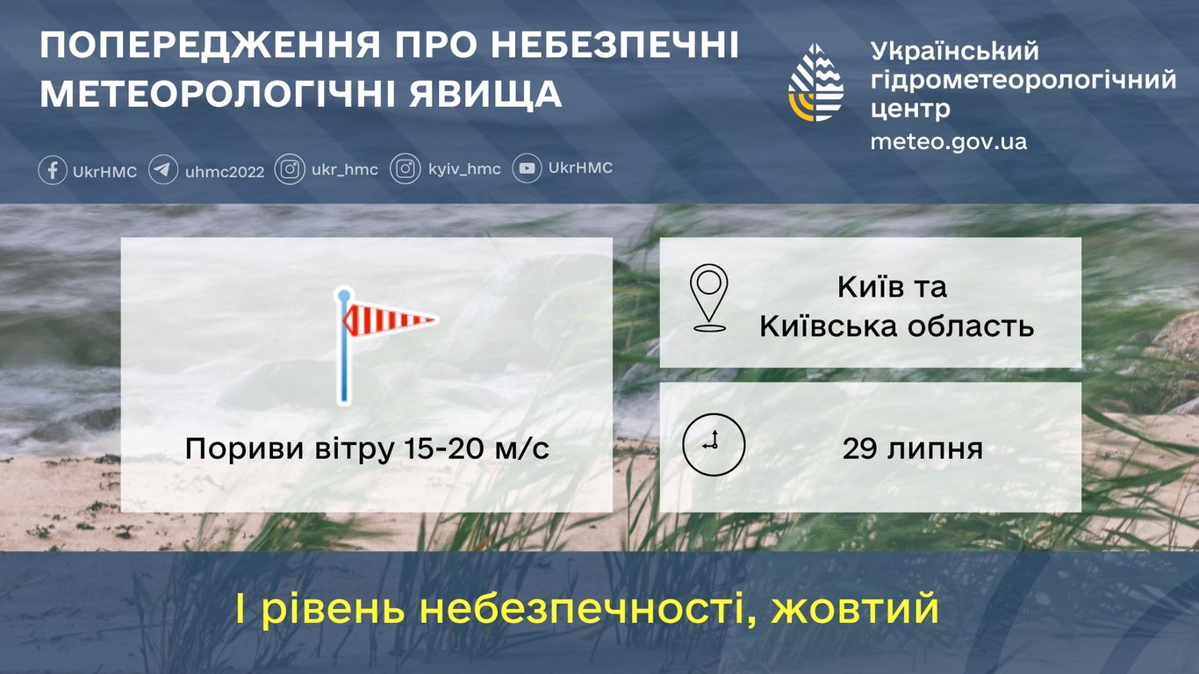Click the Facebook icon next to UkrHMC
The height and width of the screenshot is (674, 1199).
click(53, 169)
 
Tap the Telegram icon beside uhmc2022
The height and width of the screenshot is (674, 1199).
click(163, 169)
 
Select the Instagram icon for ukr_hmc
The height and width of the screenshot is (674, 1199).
click(290, 168)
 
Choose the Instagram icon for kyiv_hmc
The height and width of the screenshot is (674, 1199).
click(406, 168)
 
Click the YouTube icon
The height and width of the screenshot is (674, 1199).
click(527, 168)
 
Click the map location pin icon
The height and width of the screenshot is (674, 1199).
click(708, 298)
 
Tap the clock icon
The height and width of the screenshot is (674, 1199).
click(714, 445)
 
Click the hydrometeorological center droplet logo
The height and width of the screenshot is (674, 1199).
click(815, 82)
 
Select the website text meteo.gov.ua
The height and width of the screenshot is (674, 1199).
click(948, 141)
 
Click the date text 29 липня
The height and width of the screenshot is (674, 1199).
click(912, 449)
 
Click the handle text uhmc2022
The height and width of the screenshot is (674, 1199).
click(225, 171)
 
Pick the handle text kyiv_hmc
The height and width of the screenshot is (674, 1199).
click(464, 169)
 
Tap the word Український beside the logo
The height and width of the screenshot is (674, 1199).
click(954, 51)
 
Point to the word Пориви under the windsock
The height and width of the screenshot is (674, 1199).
click(232, 449)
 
